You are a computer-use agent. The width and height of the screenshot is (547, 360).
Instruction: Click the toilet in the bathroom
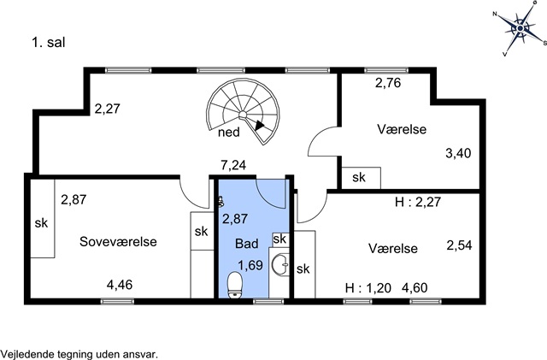[235, 286]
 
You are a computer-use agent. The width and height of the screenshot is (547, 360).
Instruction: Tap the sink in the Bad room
[281, 265]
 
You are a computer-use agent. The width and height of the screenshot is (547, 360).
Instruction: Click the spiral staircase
[243, 111]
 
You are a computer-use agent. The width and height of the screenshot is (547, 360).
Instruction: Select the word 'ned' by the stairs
[229, 133]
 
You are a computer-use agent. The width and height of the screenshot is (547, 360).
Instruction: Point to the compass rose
[521, 28]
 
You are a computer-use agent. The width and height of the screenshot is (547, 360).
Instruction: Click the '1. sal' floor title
[49, 43]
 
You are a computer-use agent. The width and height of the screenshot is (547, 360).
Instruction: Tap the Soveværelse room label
[118, 242]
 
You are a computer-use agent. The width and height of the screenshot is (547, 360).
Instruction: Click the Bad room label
[247, 244]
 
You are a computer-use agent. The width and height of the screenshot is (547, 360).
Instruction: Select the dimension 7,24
[233, 165]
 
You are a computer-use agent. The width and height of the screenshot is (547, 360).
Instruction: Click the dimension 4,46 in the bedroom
[120, 285]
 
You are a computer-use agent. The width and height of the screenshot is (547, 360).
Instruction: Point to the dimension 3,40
[458, 153]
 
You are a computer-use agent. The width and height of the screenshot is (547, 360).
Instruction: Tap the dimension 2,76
[388, 83]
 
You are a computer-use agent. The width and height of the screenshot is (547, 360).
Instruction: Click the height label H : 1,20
[368, 288]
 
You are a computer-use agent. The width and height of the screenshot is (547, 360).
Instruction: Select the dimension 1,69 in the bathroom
[250, 265]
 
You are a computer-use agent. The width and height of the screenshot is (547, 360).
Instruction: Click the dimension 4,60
[415, 288]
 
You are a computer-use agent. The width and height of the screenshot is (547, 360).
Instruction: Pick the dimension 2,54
[460, 245]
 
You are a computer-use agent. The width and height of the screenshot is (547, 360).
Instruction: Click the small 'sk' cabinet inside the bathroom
[280, 239]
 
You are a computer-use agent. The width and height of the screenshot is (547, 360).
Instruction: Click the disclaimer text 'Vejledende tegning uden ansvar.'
[79, 353]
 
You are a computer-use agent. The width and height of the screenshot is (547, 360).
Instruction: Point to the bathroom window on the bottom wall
[268, 301]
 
